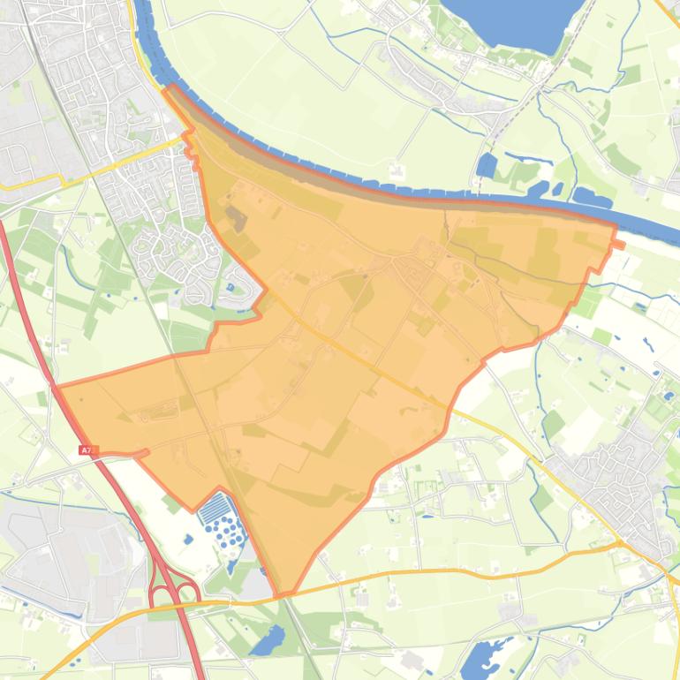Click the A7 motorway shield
pos(85,450)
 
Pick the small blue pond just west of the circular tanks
pos(187,539)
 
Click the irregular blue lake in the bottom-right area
pos(481,658)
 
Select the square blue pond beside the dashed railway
pos(486,165)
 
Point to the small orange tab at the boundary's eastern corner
pos(618,244)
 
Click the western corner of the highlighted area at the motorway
pos(58,387)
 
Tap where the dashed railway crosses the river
pos(478,193)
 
